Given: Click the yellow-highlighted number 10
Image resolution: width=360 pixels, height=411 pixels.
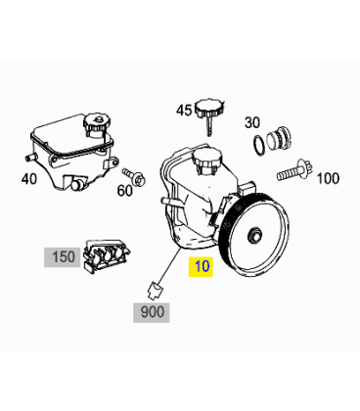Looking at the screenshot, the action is (201, 266).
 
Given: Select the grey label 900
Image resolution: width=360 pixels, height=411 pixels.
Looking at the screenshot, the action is (152, 312).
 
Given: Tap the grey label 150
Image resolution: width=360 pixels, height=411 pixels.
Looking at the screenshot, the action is (63, 257).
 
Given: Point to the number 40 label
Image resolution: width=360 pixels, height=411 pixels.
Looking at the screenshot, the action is (29, 179).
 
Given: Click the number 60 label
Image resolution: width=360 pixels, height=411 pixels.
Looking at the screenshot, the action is (125, 191).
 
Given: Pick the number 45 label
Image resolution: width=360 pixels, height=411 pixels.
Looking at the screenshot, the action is (184, 111).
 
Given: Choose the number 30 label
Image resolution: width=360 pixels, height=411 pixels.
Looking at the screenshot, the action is (252, 122).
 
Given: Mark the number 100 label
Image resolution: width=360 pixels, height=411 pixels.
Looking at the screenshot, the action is (328, 178).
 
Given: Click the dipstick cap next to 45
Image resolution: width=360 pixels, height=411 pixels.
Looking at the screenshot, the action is (209, 115).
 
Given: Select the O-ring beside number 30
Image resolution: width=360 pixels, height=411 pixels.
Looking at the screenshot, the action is (259, 145).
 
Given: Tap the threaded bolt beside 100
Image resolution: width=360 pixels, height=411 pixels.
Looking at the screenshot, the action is (294, 171).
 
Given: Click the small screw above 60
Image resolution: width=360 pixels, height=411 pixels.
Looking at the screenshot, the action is (134, 176).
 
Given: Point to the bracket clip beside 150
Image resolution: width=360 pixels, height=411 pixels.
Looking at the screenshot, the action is (107, 256).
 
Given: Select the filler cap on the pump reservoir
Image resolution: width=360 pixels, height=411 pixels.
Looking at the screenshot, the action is (207, 159).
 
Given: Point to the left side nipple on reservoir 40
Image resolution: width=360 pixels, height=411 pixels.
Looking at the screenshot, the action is (29, 158).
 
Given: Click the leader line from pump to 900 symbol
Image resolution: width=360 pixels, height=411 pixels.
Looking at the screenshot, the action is (168, 265).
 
